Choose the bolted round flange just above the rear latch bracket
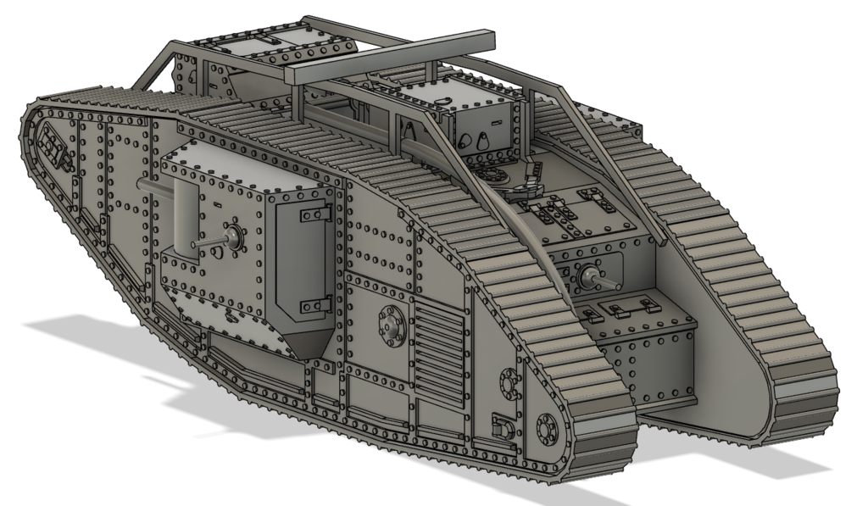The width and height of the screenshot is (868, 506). click(x=509, y=382)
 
